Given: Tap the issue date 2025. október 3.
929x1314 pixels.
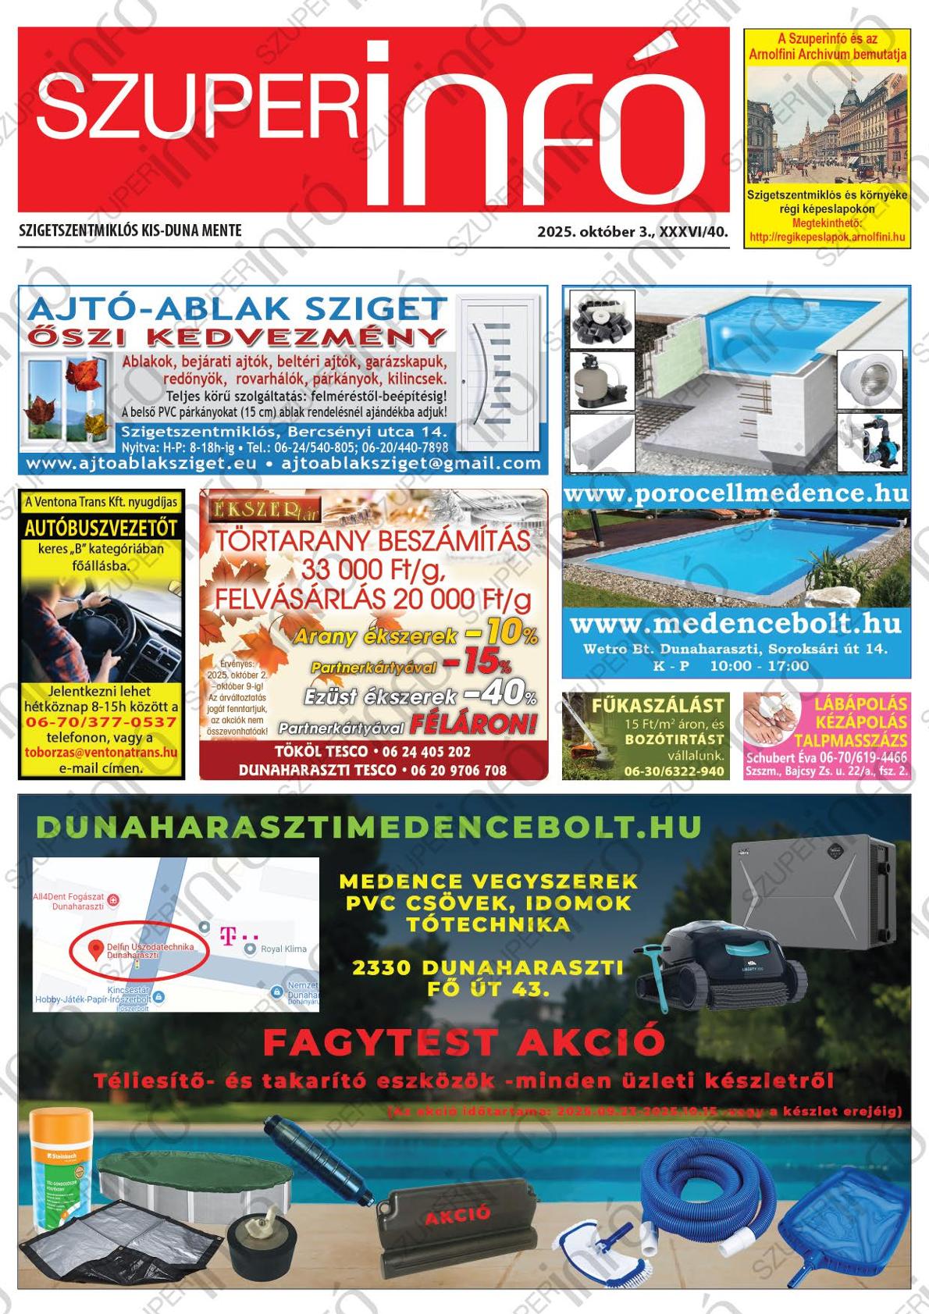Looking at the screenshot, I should pyautogui.click(x=596, y=232).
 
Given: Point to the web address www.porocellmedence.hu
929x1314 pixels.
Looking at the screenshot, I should pyautogui.click(x=735, y=493).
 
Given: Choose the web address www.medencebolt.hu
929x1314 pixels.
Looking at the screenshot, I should pyautogui.click(x=735, y=624).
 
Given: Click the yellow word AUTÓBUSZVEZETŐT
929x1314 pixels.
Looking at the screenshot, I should pyautogui.click(x=101, y=528).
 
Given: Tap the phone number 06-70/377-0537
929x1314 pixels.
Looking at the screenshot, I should pyautogui.click(x=101, y=721).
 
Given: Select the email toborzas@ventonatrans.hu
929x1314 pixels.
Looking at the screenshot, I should pyautogui.click(x=101, y=753).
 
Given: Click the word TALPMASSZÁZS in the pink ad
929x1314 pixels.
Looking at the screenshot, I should pyautogui.click(x=851, y=740).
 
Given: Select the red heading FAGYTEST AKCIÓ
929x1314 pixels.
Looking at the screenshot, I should pyautogui.click(x=464, y=1042).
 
